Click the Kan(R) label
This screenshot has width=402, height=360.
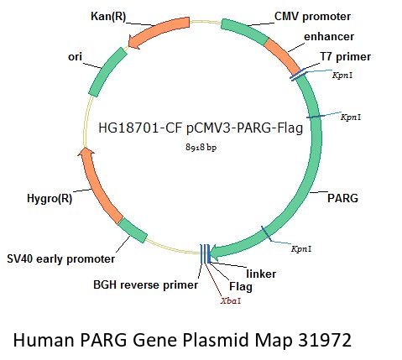tap(108, 17)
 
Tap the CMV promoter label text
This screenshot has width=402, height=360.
tap(312, 17)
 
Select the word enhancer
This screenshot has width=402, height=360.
tap(329, 37)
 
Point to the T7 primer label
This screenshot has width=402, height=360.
tap(346, 57)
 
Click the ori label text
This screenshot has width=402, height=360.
tap(75, 57)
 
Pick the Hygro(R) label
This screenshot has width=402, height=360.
tap(50, 199)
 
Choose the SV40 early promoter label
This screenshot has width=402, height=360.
tap(61, 259)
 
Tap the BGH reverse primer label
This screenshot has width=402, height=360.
tap(145, 285)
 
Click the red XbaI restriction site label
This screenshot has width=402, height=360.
tap(231, 301)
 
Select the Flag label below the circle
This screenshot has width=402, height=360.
tap(241, 286)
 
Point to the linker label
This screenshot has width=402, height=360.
tap(261, 274)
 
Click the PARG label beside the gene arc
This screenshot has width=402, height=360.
tap(342, 198)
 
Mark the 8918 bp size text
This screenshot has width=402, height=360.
tap(201, 147)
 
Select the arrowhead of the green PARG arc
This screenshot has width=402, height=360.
tap(216, 252)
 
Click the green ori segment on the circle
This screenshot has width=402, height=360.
tap(108, 72)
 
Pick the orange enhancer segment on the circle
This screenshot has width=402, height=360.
tap(282, 55)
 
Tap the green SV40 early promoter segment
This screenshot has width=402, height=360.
tap(133, 230)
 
